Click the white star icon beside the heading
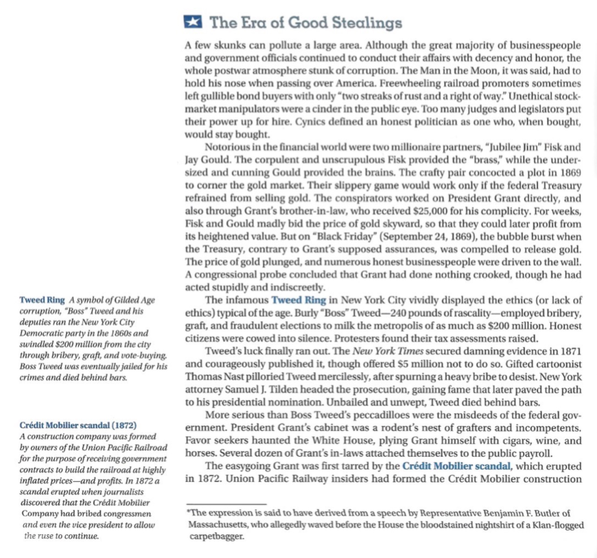193,22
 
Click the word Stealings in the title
366,23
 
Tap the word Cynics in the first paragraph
310,122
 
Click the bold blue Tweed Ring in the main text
298,300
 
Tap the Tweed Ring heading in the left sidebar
42,300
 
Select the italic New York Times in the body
387,351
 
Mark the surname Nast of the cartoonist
225,377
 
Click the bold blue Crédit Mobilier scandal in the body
456,466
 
